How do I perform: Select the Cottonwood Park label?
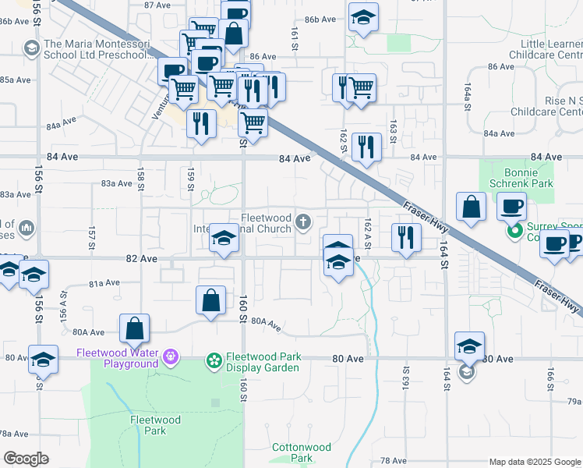(x=301, y=452)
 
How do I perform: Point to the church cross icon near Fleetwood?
(x=305, y=224)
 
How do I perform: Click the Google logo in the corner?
(x=26, y=459)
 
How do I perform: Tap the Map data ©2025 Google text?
(x=535, y=462)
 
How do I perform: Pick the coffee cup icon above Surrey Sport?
(x=511, y=207)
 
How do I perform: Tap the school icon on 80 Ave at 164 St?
(x=469, y=346)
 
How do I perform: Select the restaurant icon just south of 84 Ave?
(x=366, y=147)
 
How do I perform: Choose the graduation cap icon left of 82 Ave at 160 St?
(x=224, y=239)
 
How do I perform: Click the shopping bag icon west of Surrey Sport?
(x=472, y=207)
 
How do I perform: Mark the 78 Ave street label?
(x=394, y=461)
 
